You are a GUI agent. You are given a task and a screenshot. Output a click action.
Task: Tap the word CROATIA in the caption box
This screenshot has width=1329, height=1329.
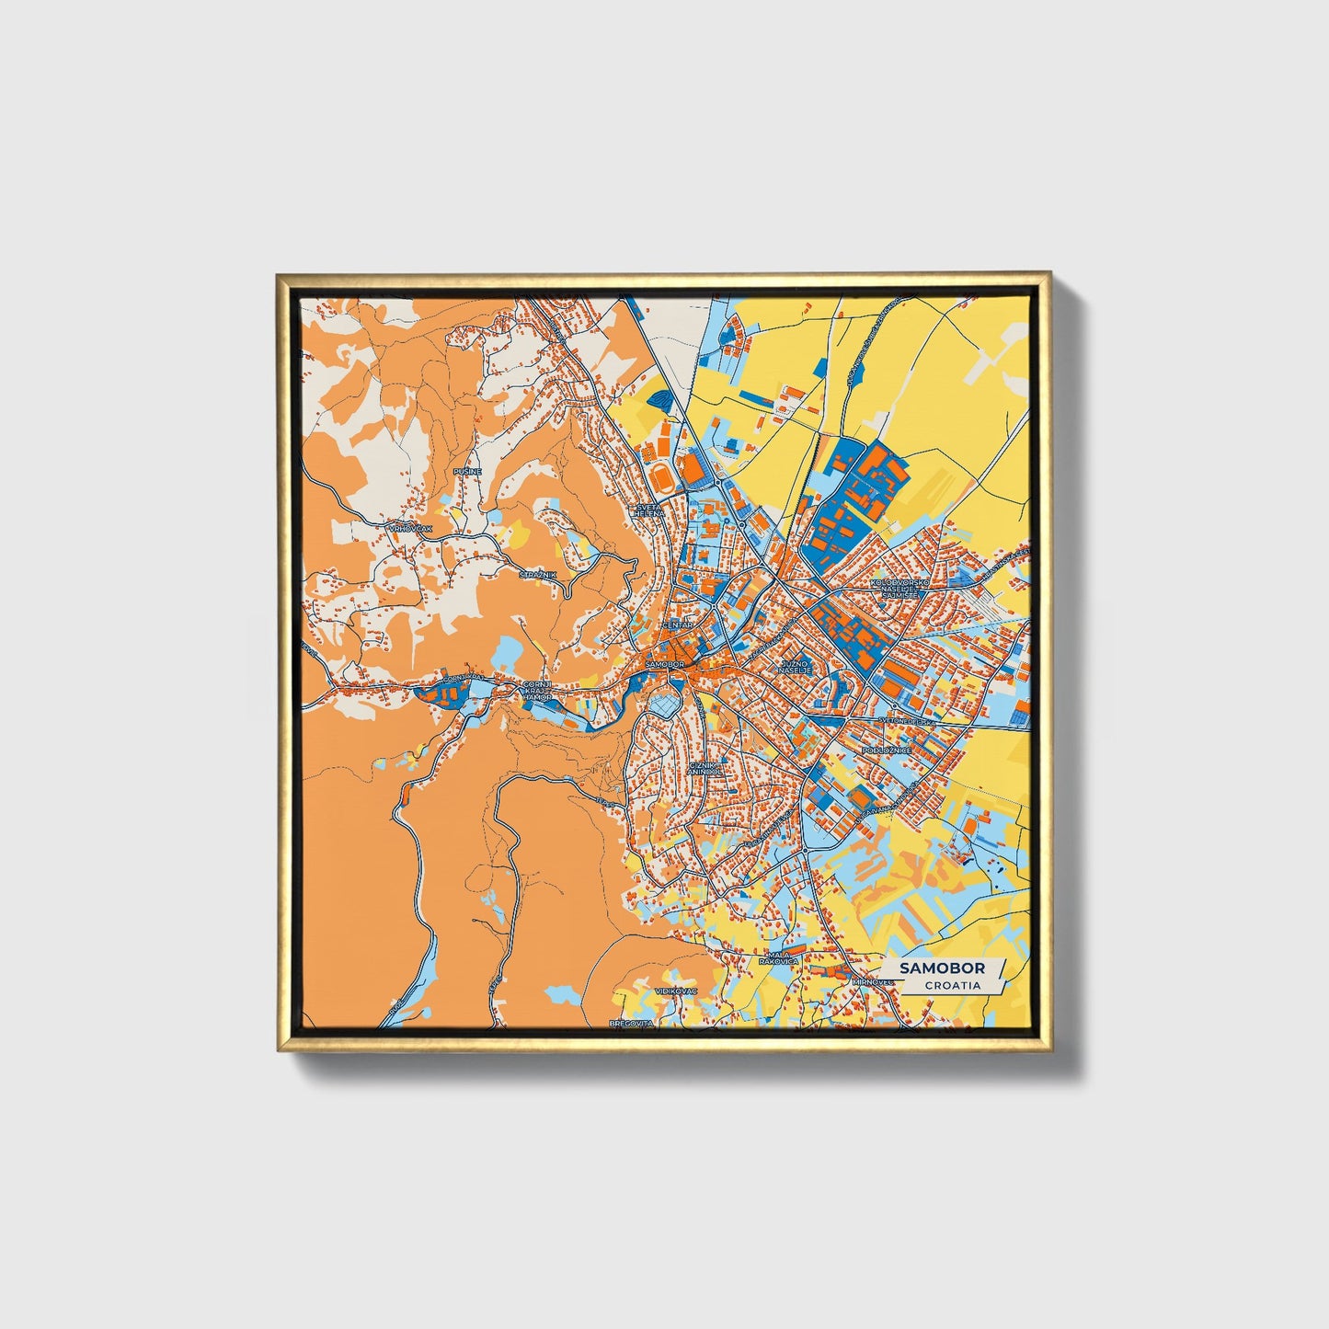[952, 985]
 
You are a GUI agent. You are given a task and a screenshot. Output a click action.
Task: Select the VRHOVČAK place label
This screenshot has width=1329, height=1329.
[410, 529]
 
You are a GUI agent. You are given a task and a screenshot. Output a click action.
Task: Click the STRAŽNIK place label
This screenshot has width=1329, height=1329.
[538, 575]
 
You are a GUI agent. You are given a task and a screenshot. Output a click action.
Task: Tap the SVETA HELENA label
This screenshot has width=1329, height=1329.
[648, 510]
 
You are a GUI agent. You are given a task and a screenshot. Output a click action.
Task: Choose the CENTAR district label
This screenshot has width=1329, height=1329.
[677, 625]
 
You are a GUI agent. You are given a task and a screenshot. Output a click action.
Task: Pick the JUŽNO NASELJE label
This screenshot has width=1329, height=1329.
[795, 666]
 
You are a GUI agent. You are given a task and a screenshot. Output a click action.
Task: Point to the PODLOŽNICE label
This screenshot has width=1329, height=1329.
[887, 750]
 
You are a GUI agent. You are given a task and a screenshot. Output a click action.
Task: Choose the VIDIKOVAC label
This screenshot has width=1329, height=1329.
[676, 991]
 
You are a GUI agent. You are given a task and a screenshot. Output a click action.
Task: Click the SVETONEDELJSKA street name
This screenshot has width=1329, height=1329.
[907, 722]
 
